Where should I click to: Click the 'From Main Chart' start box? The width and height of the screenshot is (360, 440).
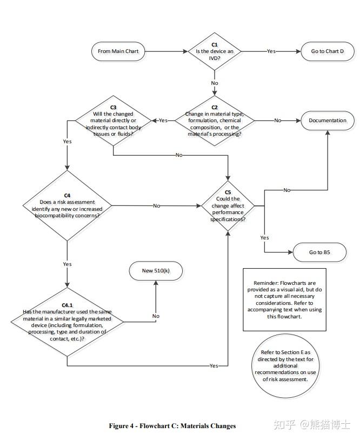coord(118,51)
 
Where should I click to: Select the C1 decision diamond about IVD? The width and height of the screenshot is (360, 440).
coord(215,51)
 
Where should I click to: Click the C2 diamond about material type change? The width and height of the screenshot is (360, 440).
coord(215,121)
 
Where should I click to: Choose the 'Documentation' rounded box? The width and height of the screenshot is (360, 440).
coord(328,121)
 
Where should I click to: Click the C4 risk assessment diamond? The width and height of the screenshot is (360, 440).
coord(67,206)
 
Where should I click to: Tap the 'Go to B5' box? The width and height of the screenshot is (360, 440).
coord(319,252)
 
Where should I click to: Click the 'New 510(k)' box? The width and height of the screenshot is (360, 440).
coord(155,270)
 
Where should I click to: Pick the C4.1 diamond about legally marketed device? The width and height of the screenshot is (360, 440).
coord(67,322)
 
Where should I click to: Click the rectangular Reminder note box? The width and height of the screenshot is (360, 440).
coord(284,299)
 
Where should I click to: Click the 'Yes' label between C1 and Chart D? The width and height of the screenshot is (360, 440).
coord(271,51)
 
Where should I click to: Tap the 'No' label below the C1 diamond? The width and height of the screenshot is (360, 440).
coord(215,83)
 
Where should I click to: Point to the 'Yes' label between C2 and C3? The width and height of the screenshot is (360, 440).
coord(163,121)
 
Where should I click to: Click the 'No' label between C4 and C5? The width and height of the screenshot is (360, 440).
coord(156,206)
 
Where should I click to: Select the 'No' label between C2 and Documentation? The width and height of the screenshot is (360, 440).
coord(277,121)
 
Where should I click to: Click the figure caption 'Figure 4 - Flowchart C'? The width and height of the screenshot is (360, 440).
coord(172,426)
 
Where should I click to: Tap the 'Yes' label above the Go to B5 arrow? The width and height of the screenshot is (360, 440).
coord(264,237)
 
